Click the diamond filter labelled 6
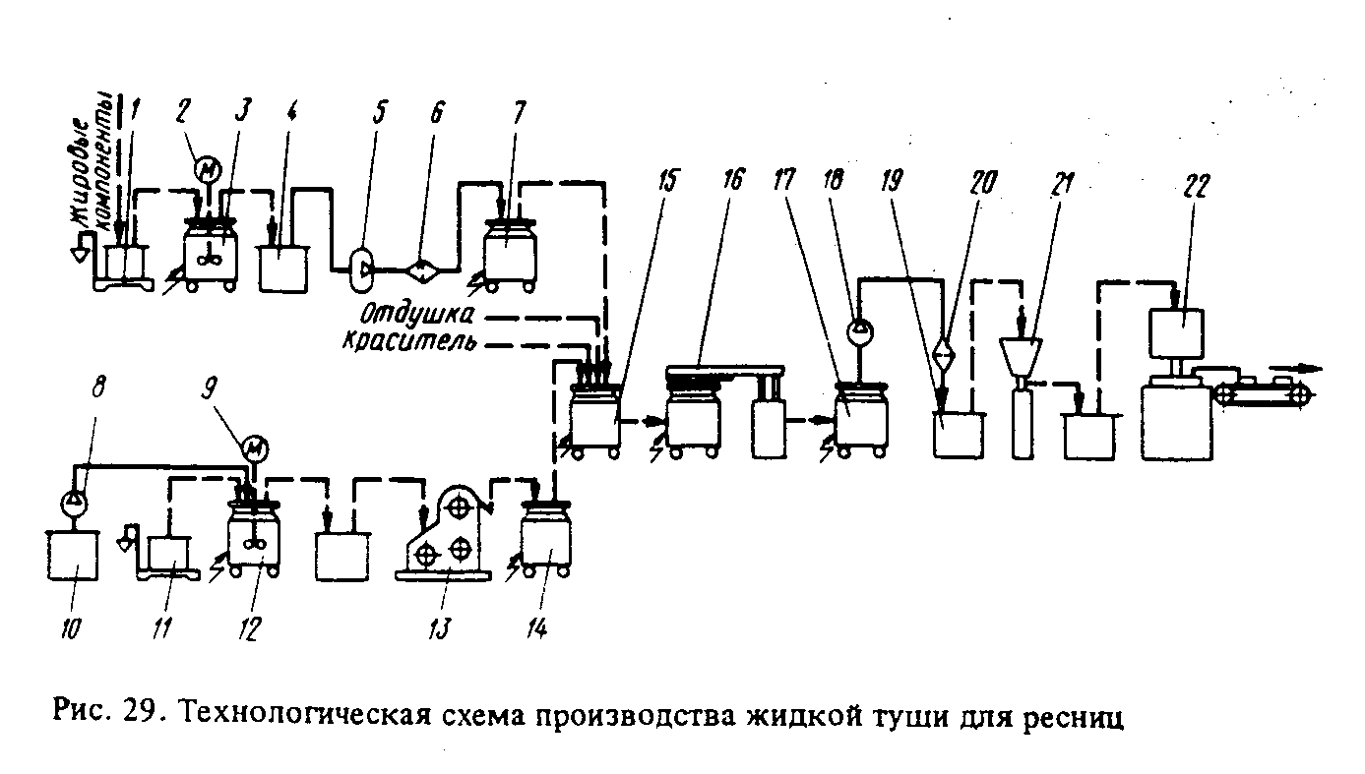(423, 268)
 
